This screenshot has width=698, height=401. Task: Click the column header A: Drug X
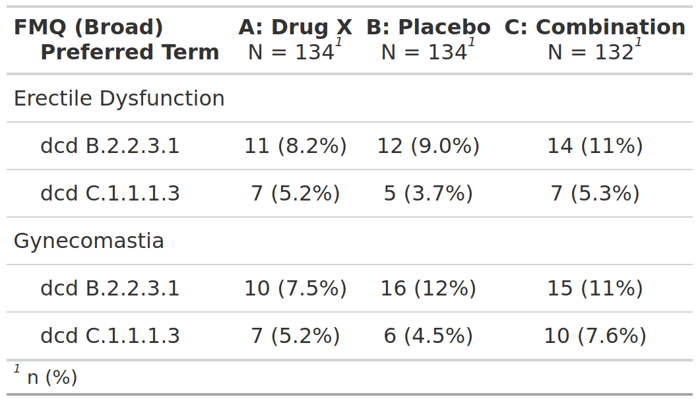[295, 27]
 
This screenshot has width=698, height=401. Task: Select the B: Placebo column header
[428, 27]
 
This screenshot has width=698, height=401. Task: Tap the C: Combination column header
[594, 27]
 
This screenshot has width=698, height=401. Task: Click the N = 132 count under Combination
[590, 52]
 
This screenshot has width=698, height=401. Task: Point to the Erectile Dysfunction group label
[119, 98]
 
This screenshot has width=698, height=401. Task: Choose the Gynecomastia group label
[88, 241]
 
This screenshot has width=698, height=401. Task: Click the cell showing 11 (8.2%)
[295, 146]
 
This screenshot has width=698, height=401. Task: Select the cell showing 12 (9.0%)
[428, 146]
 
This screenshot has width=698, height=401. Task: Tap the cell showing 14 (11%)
[594, 146]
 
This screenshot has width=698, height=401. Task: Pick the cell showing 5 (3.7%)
[428, 194]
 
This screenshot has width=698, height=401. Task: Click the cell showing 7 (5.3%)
[594, 194]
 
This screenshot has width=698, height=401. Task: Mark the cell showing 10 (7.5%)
[295, 288]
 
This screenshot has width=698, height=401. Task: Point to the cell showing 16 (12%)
[428, 288]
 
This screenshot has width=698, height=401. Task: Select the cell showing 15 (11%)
[594, 288]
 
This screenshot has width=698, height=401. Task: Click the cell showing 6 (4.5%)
[428, 336]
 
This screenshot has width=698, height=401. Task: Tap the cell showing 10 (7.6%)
[594, 336]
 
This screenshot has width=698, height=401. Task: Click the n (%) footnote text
[52, 378]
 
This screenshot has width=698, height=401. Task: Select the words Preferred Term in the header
[129, 52]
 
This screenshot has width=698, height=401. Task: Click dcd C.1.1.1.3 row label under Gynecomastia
[110, 336]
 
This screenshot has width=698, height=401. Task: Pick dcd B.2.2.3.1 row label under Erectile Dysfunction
[110, 146]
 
